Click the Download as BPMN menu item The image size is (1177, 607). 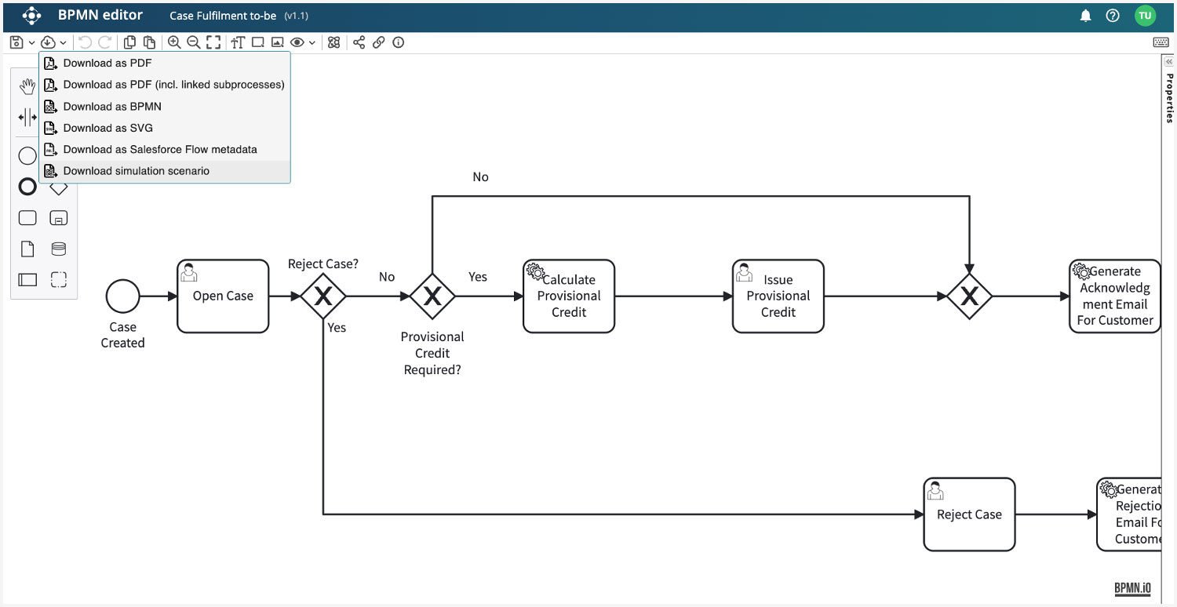[x=112, y=106]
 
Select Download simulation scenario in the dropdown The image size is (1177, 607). [x=136, y=171]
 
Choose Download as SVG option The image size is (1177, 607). [x=107, y=128]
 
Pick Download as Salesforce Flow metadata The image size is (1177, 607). [x=160, y=149]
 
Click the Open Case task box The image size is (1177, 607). [x=223, y=296]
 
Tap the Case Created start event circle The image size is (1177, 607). [x=122, y=296]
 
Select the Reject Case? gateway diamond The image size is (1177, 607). [x=323, y=296]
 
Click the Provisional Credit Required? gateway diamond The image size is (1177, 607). [x=432, y=296]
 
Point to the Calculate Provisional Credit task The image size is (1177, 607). [x=569, y=296]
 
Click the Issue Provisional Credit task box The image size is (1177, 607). [x=778, y=296]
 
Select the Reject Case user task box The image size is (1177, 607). [x=969, y=514]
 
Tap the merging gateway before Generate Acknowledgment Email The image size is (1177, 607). [x=969, y=296]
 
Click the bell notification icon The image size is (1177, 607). [x=1085, y=16]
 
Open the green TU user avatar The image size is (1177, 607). [x=1145, y=16]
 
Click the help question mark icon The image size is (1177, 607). [x=1113, y=16]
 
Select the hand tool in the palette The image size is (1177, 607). [x=27, y=86]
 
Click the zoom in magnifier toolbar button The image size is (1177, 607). [x=174, y=42]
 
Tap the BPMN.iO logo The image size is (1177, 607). [x=1132, y=588]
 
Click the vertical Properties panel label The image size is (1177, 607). [x=1169, y=98]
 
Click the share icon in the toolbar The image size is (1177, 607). [x=359, y=42]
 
